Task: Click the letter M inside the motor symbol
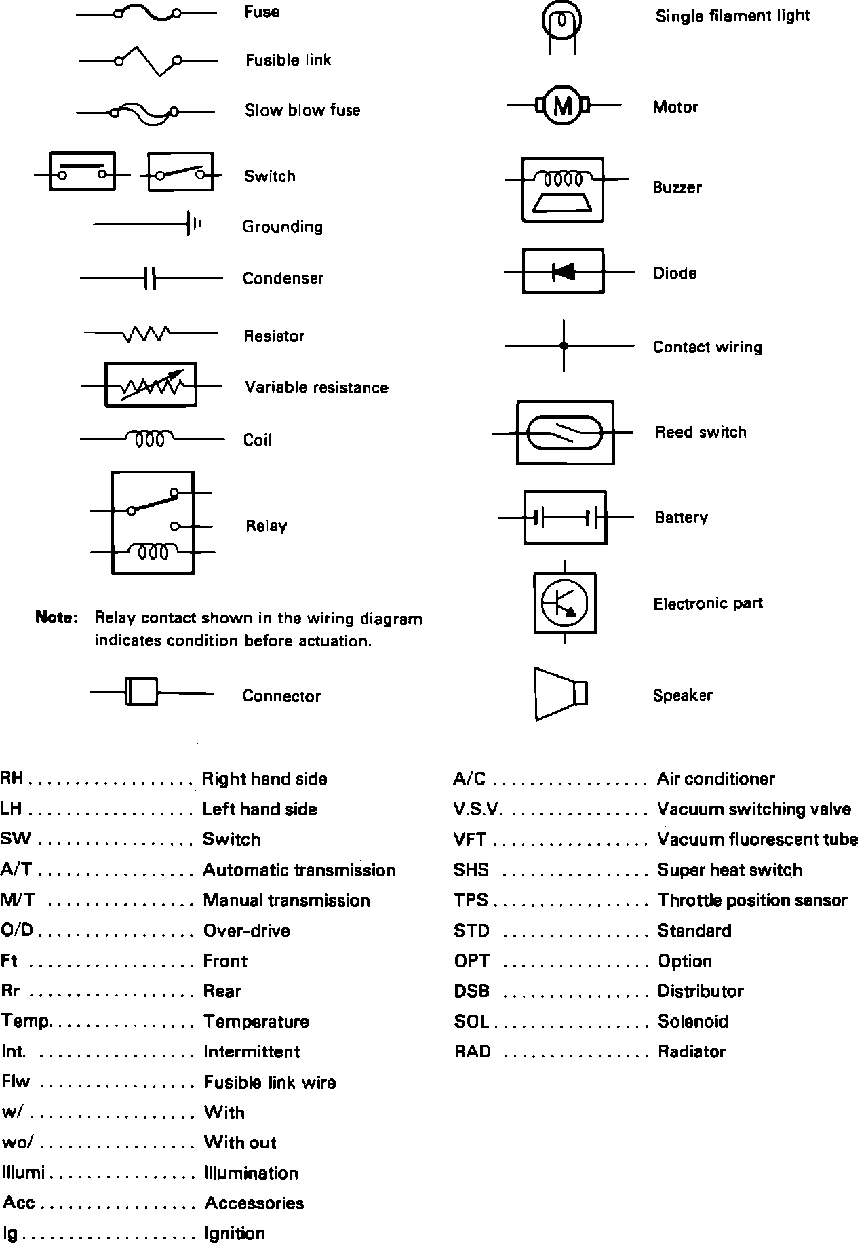click(563, 106)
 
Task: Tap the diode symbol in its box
click(564, 272)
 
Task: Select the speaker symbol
click(560, 694)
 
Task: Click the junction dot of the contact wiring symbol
click(564, 346)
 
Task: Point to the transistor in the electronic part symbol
click(564, 602)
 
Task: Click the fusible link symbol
click(148, 61)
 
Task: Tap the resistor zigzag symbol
click(147, 334)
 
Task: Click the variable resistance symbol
click(151, 385)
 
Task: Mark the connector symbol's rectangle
click(142, 693)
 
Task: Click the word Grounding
click(282, 227)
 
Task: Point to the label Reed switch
click(701, 432)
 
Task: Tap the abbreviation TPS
click(471, 900)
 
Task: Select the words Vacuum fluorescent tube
click(757, 840)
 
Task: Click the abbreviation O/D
click(17, 931)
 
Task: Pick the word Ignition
click(235, 1233)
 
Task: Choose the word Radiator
click(692, 1052)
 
